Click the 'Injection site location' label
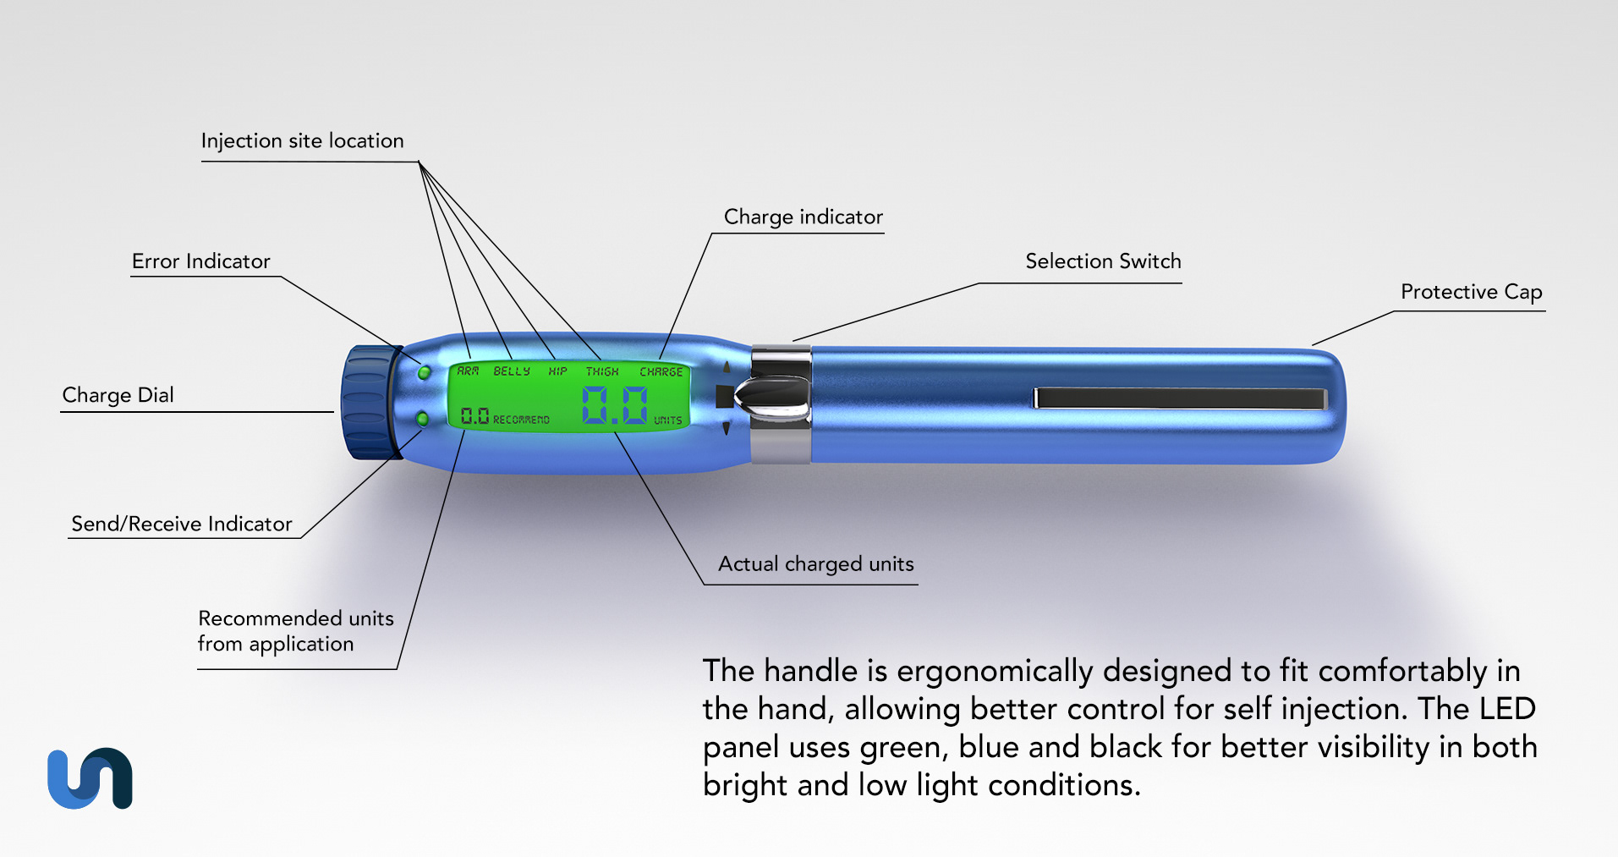[x=302, y=140]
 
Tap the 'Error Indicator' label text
[x=200, y=261]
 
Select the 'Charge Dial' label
[x=118, y=395]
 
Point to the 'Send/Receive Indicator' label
[x=181, y=524]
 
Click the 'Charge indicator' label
[x=803, y=217]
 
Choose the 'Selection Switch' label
[x=1103, y=261]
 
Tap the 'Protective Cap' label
[x=1471, y=292]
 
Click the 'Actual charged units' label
[x=815, y=564]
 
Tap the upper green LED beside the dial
[x=424, y=372]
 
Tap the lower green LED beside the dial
[x=423, y=419]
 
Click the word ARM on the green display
[x=468, y=371]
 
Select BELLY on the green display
[x=512, y=371]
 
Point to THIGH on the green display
[x=602, y=371]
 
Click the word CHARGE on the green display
[x=661, y=371]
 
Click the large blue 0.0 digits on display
[x=615, y=405]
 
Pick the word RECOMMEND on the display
[x=521, y=420]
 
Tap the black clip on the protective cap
[x=1180, y=398]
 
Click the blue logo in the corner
[x=90, y=778]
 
